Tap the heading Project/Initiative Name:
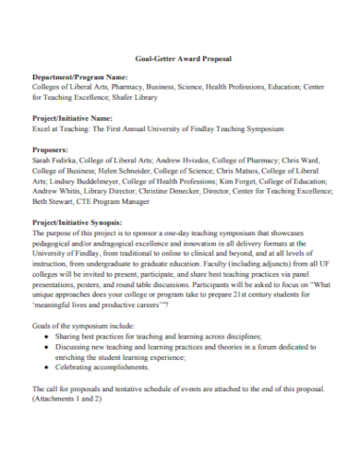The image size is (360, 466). [73, 118]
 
